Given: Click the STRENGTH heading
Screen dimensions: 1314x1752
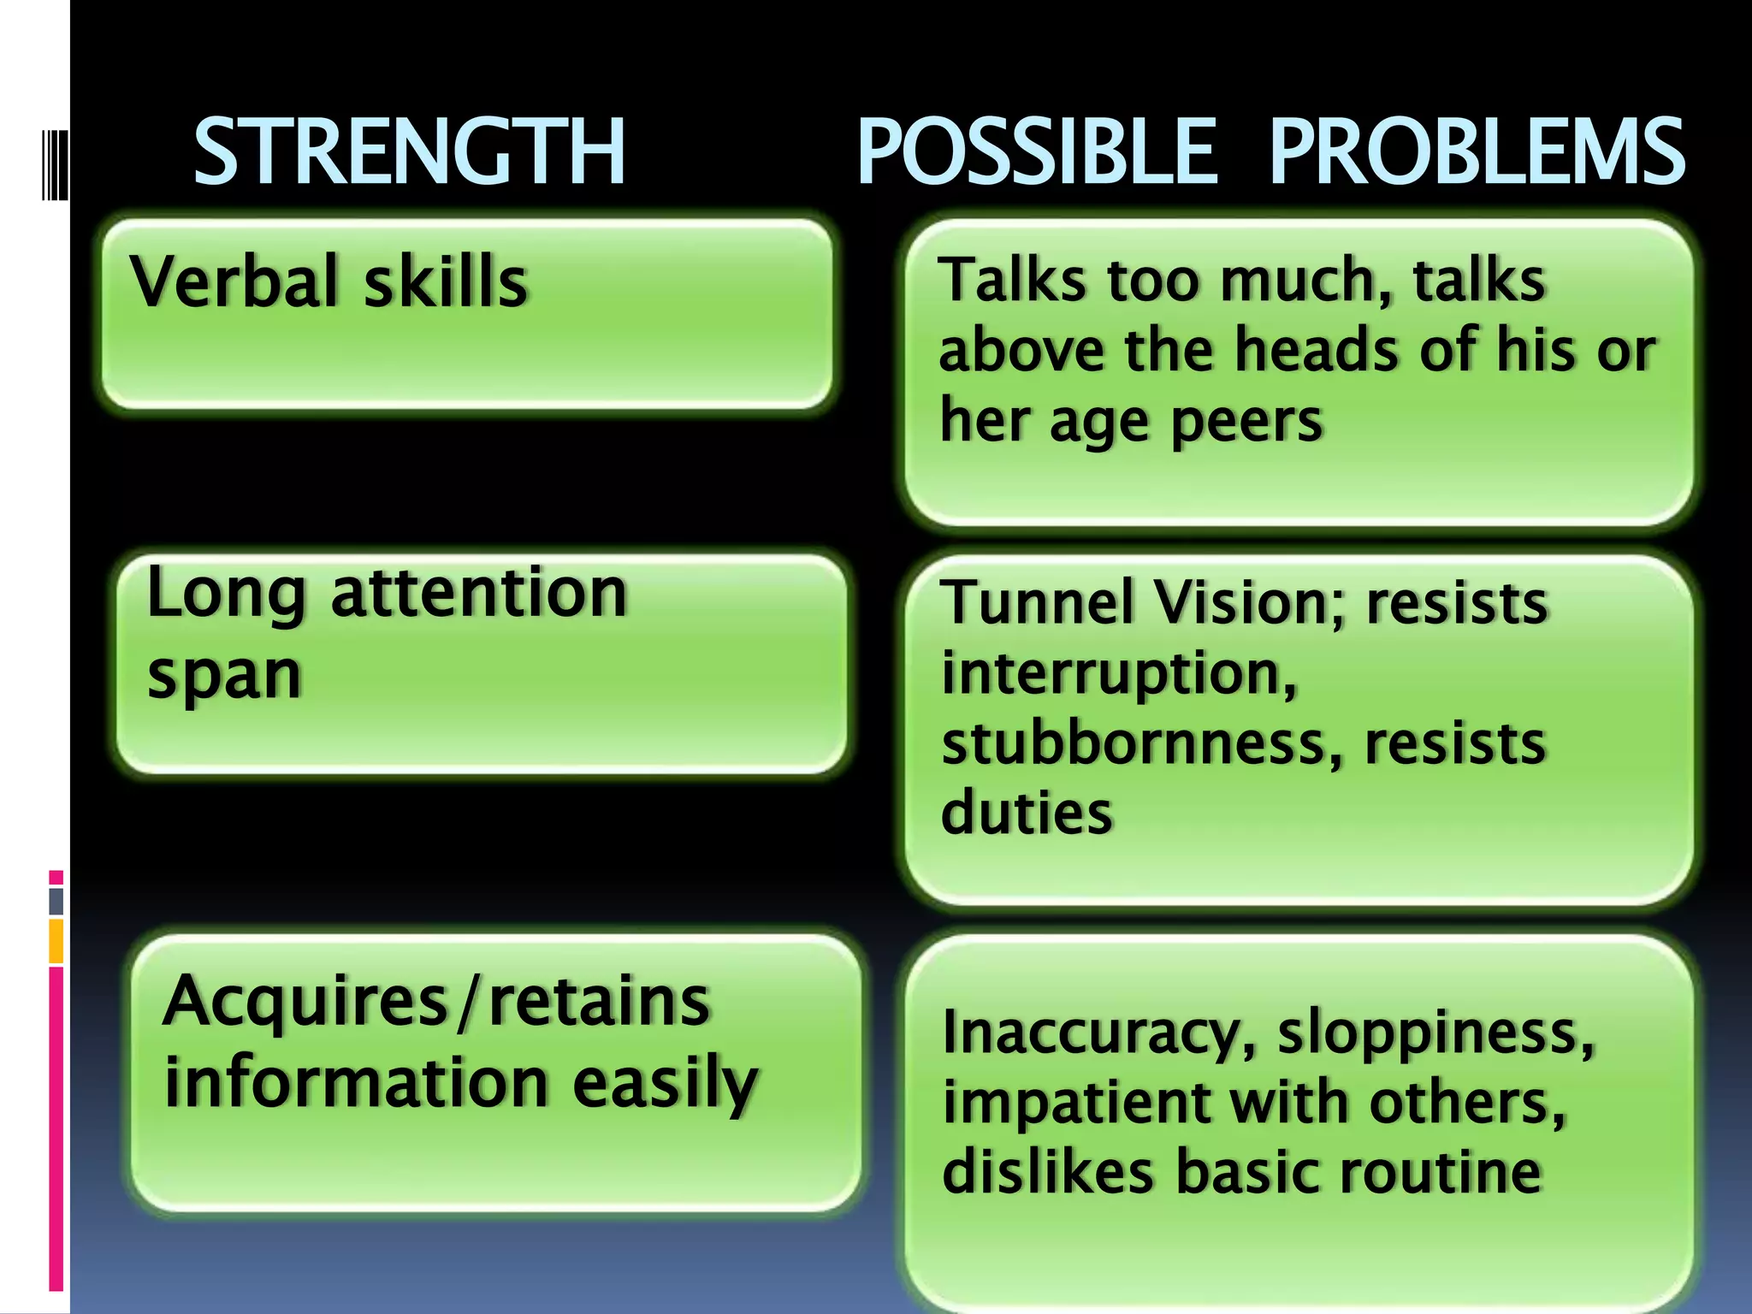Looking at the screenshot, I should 410,152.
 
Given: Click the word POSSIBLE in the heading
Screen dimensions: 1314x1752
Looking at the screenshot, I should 1036,152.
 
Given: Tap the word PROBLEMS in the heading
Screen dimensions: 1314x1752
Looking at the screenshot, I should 1477,152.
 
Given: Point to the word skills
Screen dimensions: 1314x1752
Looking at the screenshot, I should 446,281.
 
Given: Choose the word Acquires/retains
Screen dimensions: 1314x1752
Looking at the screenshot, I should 436,1001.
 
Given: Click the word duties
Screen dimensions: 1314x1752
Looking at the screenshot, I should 1027,812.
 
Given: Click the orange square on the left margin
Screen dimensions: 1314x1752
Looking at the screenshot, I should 56,941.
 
